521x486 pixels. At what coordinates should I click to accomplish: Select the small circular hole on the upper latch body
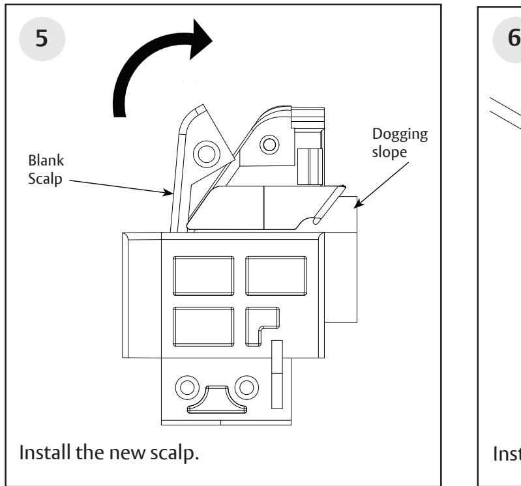point(267,143)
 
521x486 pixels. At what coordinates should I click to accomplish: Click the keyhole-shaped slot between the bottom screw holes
point(218,399)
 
